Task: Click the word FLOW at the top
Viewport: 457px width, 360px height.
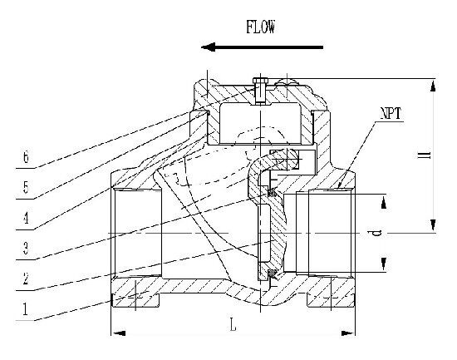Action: (261, 27)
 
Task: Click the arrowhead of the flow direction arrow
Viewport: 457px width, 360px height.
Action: (208, 47)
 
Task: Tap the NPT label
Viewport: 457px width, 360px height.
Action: (391, 113)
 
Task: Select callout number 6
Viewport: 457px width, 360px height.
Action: (26, 157)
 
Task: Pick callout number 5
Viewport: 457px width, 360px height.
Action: (26, 187)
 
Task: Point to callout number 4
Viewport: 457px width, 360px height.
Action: (26, 218)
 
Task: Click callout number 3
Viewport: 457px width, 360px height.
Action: (26, 248)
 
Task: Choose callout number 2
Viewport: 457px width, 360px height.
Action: (26, 279)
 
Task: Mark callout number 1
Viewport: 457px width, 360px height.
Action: (26, 309)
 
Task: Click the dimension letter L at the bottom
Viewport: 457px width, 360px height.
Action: (233, 324)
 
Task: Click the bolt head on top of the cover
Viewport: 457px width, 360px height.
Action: (259, 80)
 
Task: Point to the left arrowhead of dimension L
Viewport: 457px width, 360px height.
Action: (119, 333)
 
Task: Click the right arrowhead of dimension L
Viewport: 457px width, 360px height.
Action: (348, 333)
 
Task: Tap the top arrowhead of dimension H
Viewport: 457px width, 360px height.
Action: (433, 86)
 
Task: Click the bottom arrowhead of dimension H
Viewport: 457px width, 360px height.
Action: (433, 225)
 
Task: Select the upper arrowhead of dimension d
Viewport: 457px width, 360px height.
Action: (384, 202)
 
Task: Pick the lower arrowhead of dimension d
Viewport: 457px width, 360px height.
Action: (384, 264)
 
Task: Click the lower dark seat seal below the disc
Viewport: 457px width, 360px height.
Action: (272, 273)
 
